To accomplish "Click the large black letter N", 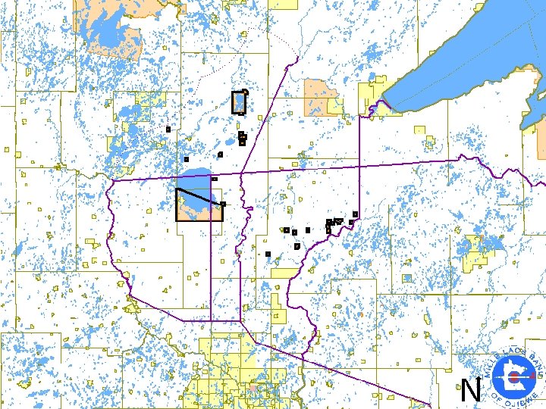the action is click(471, 391).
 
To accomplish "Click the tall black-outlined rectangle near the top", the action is click(239, 102).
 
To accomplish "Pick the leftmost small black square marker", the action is click(168, 130).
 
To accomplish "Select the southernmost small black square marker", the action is click(268, 254).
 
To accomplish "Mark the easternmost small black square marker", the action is click(355, 215).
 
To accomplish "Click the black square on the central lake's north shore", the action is click(215, 179).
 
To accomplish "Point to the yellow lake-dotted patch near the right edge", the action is click(474, 250).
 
